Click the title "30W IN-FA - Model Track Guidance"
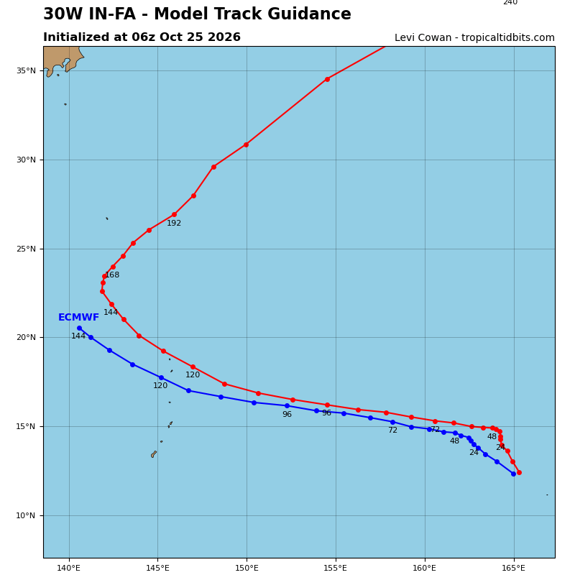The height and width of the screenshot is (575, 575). (x=197, y=14)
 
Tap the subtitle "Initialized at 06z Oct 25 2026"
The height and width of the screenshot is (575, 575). (x=142, y=37)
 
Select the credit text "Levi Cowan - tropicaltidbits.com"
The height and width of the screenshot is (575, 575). (x=474, y=38)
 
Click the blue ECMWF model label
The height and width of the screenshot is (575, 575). (x=78, y=317)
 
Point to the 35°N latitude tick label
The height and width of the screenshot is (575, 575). (x=26, y=70)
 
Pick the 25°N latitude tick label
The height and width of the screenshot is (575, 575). (x=26, y=249)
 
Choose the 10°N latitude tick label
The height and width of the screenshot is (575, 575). (x=26, y=515)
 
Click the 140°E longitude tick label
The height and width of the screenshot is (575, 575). (x=69, y=568)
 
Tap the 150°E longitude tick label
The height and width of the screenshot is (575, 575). (x=247, y=568)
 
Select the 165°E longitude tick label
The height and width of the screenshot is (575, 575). (x=514, y=568)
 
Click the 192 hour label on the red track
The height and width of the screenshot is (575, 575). (x=174, y=224)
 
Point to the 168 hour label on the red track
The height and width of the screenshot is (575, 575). (x=112, y=275)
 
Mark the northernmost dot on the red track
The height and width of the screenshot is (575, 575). (x=328, y=79)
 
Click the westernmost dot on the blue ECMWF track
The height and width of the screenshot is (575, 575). (x=80, y=328)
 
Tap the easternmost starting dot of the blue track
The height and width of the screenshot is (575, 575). (x=513, y=474)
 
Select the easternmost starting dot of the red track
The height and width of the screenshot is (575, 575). (x=519, y=473)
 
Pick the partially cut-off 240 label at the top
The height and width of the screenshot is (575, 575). (x=510, y=2)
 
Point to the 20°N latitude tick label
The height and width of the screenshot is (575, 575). (x=26, y=337)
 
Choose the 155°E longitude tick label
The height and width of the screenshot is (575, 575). (x=336, y=568)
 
